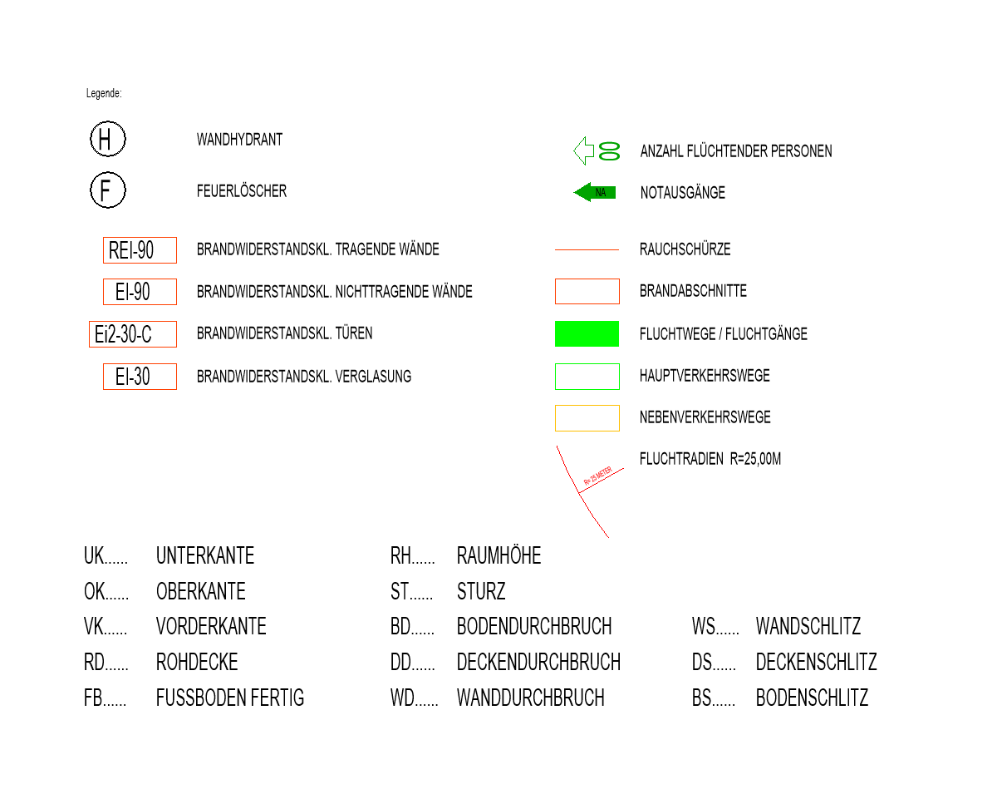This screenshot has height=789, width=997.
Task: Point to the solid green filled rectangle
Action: point(587,333)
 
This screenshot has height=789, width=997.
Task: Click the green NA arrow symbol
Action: point(594,192)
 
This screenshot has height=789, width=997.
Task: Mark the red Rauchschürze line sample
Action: point(587,249)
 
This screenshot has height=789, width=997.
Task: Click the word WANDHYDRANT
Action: point(239,140)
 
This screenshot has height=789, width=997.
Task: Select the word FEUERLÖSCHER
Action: point(242,190)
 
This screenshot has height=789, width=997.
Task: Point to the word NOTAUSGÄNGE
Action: point(682,192)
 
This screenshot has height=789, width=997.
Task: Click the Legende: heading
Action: point(104,93)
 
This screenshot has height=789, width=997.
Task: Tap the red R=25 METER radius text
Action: point(597,476)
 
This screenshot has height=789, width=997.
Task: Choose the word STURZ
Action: point(481,591)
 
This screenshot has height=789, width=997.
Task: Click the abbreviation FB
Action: point(93,698)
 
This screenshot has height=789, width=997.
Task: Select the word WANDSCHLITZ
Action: point(808,626)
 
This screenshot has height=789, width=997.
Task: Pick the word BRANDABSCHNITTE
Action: point(693,291)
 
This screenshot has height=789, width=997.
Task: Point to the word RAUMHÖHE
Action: point(499,555)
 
